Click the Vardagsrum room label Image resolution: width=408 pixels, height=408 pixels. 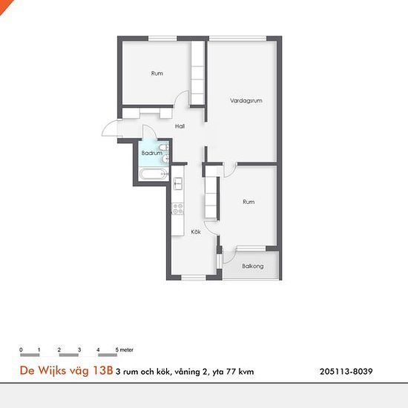(246, 100)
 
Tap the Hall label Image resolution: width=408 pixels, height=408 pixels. (180, 126)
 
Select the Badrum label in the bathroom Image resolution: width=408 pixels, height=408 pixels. (151, 153)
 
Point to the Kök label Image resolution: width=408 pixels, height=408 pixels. (196, 232)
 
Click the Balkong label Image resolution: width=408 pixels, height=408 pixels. (253, 266)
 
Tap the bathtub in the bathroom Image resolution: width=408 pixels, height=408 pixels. (153, 174)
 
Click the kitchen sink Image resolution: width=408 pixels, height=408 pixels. (178, 184)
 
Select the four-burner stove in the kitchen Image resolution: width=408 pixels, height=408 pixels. (178, 208)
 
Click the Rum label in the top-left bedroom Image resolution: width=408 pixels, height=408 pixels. (157, 73)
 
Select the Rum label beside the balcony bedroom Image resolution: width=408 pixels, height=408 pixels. (249, 202)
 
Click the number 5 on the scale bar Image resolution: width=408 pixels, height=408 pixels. (116, 349)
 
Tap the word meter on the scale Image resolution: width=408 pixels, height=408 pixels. (126, 349)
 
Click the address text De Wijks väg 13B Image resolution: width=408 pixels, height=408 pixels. (66, 370)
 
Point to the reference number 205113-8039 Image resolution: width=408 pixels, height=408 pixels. (346, 372)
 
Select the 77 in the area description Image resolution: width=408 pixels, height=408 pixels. (231, 372)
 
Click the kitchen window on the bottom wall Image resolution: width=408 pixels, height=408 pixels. (194, 278)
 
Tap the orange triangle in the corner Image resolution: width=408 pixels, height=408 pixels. (4, 4)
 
